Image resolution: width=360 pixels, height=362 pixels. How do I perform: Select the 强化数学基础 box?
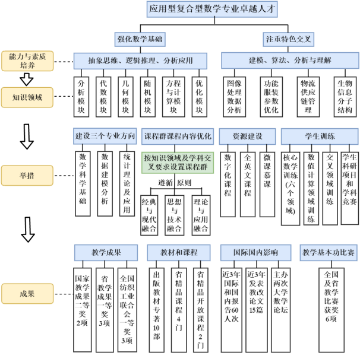pos(140,39)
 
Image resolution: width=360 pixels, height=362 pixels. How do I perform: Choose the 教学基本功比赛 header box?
pos(328,252)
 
